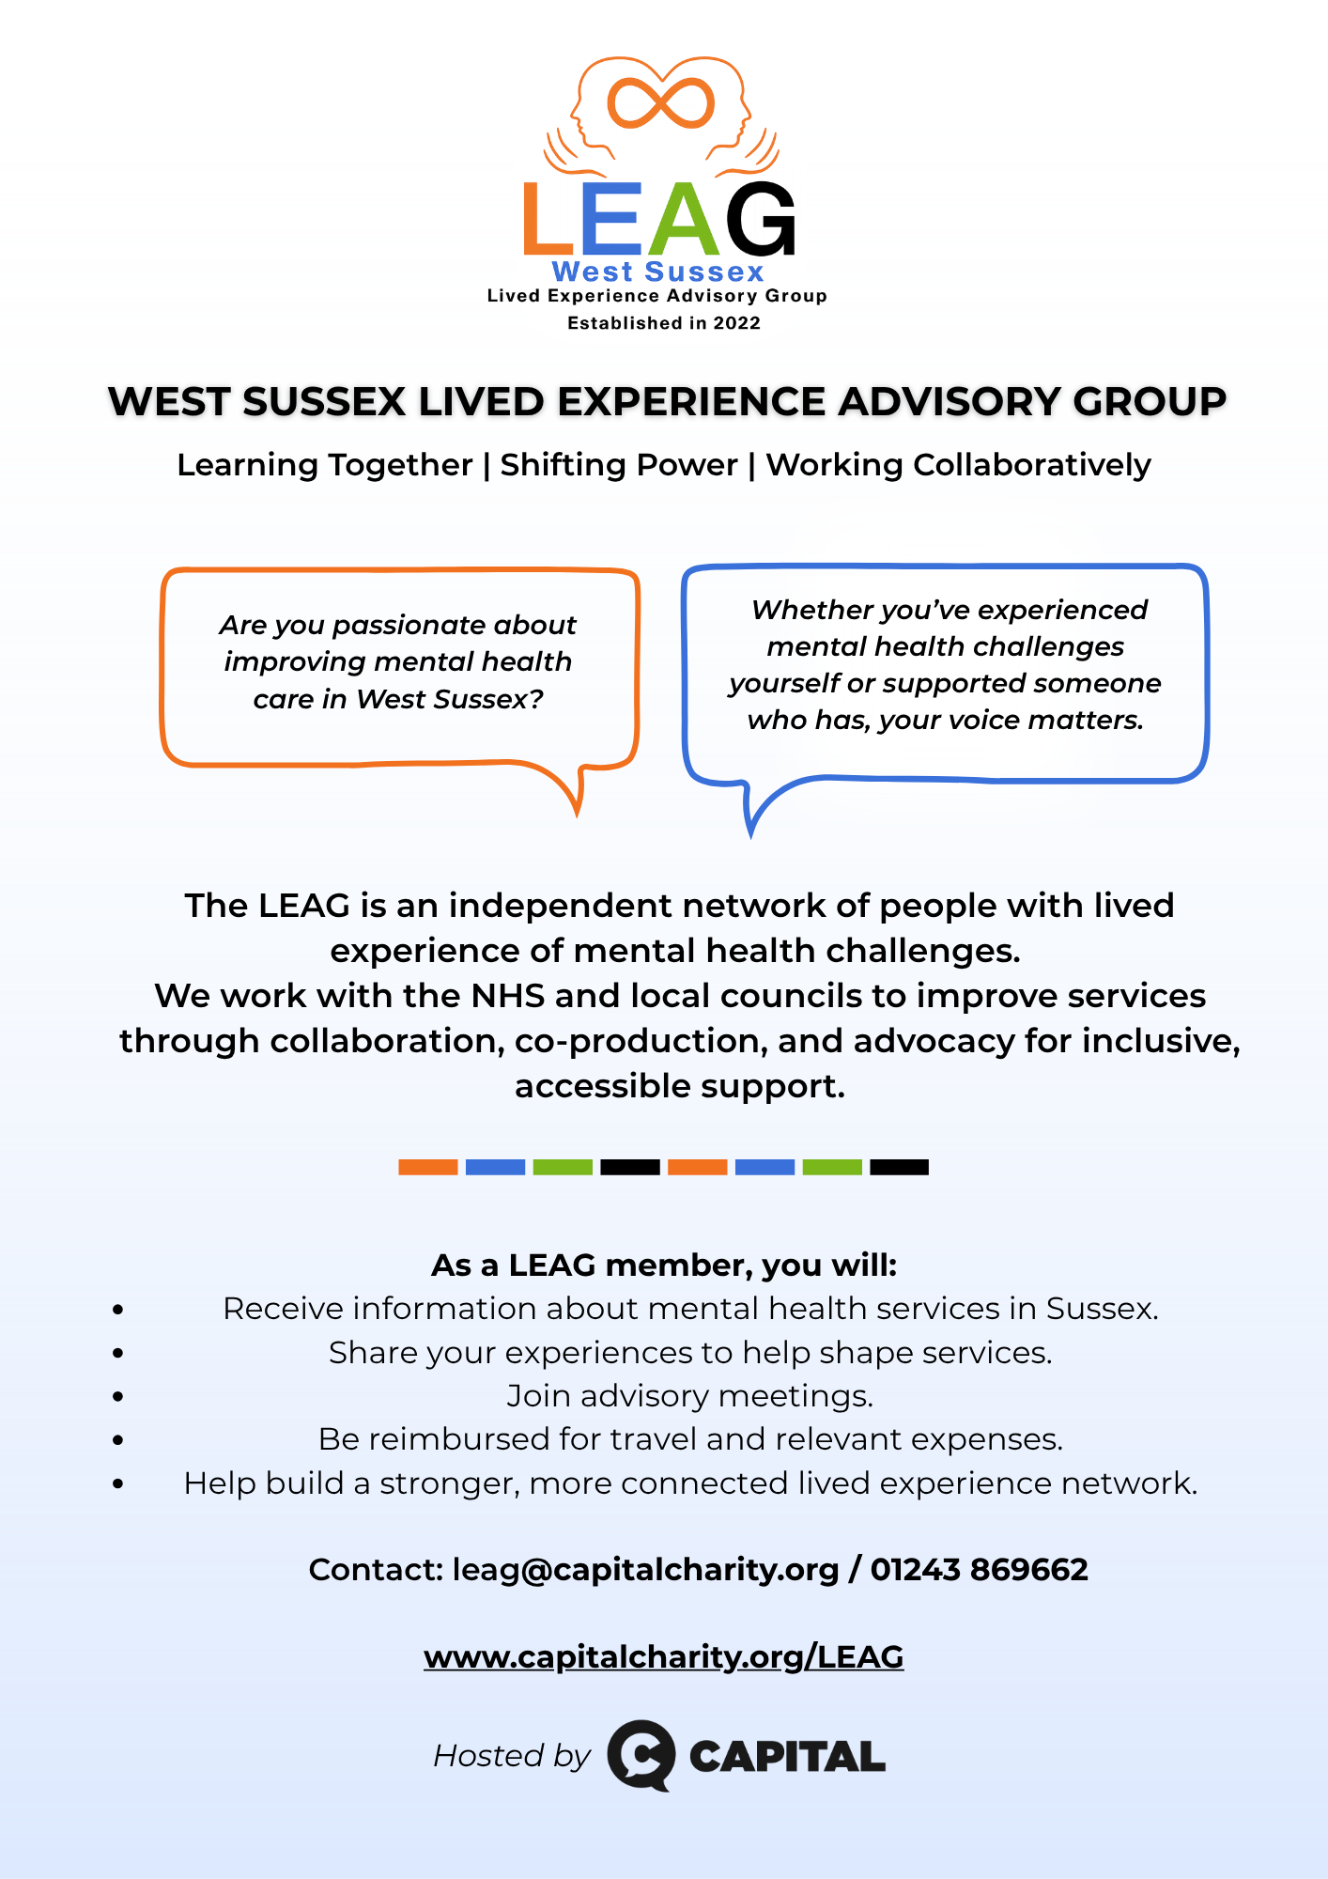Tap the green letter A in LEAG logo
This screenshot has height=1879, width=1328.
coord(684,220)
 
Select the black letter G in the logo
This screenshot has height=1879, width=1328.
coord(760,220)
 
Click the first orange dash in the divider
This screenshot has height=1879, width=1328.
coord(427,1167)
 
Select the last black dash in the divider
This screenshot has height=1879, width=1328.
coord(899,1167)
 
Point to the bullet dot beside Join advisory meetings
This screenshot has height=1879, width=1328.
coord(117,1396)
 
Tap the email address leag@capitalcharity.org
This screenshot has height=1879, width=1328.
coord(645,1570)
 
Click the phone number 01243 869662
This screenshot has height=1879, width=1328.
coord(979,1570)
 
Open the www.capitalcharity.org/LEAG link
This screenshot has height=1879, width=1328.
coord(663,1657)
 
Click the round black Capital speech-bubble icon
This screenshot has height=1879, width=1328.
coord(641,1755)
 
